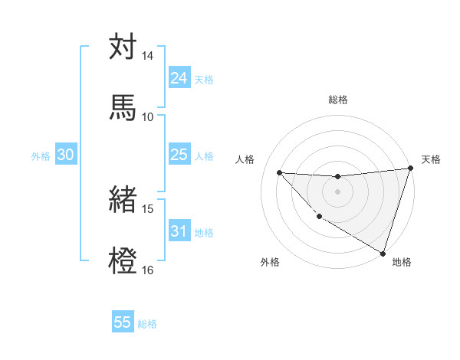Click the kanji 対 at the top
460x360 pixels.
click(x=123, y=47)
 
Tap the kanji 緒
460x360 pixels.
click(x=123, y=201)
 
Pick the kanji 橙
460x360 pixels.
click(x=123, y=260)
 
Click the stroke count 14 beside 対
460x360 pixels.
click(x=148, y=57)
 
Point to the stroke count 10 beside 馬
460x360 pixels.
click(x=148, y=116)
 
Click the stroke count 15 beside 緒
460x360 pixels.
click(x=148, y=209)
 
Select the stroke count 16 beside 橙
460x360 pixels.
click(x=148, y=270)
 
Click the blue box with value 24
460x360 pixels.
click(x=179, y=78)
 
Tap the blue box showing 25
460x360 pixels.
click(x=179, y=155)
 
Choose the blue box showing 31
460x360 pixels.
click(x=179, y=231)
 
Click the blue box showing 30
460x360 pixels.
click(x=66, y=155)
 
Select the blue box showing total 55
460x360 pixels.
click(x=123, y=322)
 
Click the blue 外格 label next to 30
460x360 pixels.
click(x=41, y=155)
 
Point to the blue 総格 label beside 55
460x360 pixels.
click(x=147, y=323)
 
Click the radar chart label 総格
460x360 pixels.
click(x=338, y=100)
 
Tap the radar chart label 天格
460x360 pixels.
click(x=431, y=159)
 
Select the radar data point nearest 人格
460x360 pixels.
click(x=279, y=172)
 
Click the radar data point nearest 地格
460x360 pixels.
click(x=383, y=253)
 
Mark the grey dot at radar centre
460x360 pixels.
click(x=337, y=191)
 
